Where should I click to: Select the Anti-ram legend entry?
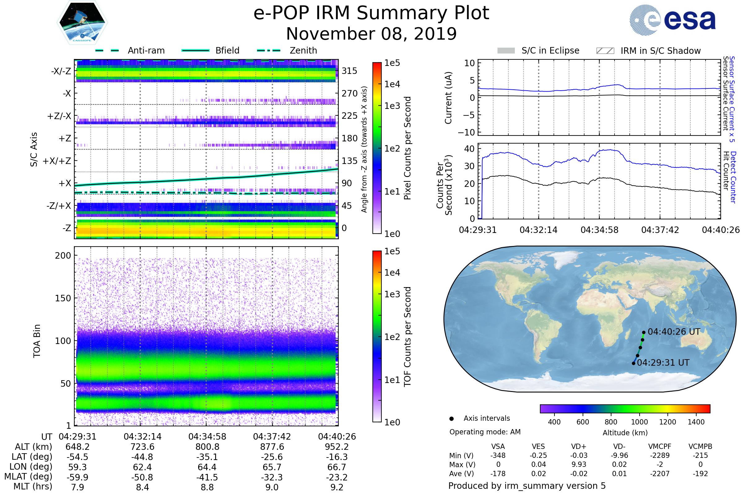point(146,50)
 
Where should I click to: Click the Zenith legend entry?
point(303,50)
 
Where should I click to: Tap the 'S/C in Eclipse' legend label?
point(550,50)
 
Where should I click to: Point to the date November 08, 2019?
point(371,34)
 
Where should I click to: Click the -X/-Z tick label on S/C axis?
point(61,71)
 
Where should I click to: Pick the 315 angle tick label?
point(349,71)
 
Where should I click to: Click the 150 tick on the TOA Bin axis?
point(63,298)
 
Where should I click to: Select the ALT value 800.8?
point(207,447)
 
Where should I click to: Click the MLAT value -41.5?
point(207,477)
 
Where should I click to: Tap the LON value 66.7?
point(337,467)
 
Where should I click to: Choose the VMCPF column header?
point(660,447)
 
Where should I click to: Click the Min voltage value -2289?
point(660,455)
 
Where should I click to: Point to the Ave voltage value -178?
point(498,474)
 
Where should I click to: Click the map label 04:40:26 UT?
point(674,332)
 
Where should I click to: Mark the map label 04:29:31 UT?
point(663,363)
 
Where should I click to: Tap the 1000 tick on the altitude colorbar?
point(639,422)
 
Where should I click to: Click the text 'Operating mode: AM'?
point(485,432)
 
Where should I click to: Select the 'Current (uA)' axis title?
point(448,98)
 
